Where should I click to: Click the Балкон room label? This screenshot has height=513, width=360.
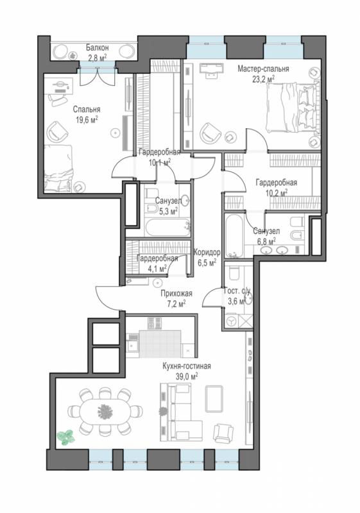pyautogui.click(x=97, y=47)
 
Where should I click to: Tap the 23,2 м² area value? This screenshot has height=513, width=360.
pyautogui.click(x=263, y=79)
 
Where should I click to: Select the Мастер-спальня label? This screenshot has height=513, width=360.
pyautogui.click(x=263, y=69)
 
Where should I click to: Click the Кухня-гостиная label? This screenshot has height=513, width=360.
pyautogui.click(x=187, y=366)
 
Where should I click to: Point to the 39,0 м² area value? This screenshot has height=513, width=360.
pyautogui.click(x=187, y=376)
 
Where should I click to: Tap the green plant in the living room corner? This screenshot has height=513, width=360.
pyautogui.click(x=66, y=437)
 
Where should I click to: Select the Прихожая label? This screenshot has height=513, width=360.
pyautogui.click(x=176, y=294)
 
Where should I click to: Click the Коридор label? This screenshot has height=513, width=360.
pyautogui.click(x=207, y=252)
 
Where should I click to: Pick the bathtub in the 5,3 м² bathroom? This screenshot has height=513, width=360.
pyautogui.click(x=167, y=227)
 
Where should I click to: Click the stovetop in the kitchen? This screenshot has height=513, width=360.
pyautogui.click(x=154, y=323)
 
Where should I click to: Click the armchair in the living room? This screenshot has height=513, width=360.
pyautogui.click(x=223, y=432)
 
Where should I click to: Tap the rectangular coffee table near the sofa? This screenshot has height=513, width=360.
pyautogui.click(x=214, y=399)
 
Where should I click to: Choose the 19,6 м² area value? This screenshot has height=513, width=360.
pyautogui.click(x=87, y=119)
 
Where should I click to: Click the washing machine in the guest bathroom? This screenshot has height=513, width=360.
pyautogui.click(x=232, y=321)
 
